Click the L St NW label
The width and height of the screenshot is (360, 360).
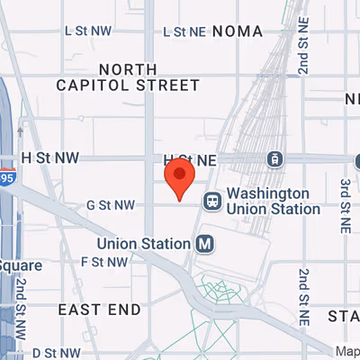[x=89, y=30]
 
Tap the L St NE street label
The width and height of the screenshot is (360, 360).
[x=184, y=31]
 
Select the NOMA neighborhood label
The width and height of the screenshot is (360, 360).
[x=238, y=31]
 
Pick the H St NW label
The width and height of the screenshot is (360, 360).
[x=50, y=157]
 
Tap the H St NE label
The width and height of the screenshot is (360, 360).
[x=192, y=157]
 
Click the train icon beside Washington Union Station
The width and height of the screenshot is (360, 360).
[x=212, y=201]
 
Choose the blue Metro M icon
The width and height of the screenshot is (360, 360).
[x=205, y=243]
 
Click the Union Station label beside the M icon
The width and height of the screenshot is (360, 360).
[x=144, y=243]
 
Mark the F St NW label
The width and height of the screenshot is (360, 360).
[x=103, y=262]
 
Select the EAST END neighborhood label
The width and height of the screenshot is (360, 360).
[x=99, y=310]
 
